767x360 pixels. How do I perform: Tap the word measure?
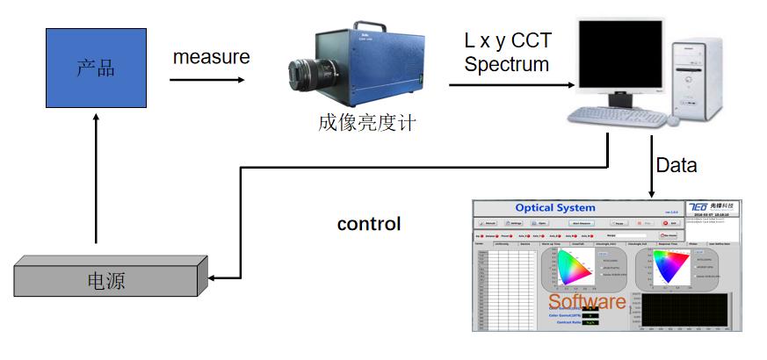[x=211, y=57]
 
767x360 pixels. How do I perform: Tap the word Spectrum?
[x=507, y=64]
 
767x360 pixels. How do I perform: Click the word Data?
[x=677, y=165]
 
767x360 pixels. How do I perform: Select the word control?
[x=369, y=224]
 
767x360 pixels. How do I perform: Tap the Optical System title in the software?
[x=555, y=208]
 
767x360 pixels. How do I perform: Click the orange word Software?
[x=587, y=301]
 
